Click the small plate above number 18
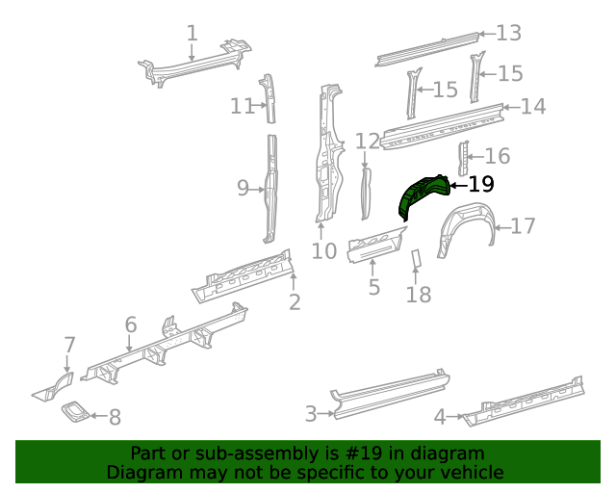pyautogui.click(x=417, y=260)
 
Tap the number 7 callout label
pyautogui.click(x=68, y=345)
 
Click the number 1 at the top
pyautogui.click(x=192, y=33)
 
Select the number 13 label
pyautogui.click(x=508, y=34)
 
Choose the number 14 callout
pyautogui.click(x=532, y=106)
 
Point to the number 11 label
pyautogui.click(x=242, y=106)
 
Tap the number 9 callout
pyautogui.click(x=243, y=189)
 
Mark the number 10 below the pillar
pyautogui.click(x=324, y=251)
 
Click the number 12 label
pyautogui.click(x=368, y=143)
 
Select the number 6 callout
pyautogui.click(x=131, y=325)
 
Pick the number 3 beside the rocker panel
pyautogui.click(x=311, y=414)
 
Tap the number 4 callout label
pyautogui.click(x=440, y=417)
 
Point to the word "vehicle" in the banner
pyautogui.click(x=472, y=472)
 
